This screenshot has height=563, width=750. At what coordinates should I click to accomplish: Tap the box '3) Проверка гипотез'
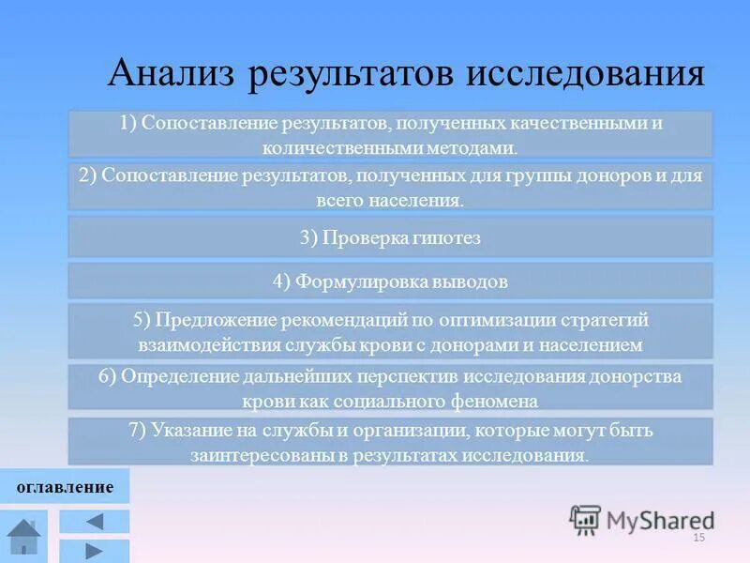(x=390, y=238)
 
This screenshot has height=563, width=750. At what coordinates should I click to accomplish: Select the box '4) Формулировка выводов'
(x=390, y=281)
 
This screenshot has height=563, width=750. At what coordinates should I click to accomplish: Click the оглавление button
(x=65, y=487)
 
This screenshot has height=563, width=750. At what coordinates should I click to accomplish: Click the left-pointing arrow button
(x=95, y=522)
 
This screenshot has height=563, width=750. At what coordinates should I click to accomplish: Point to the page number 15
(x=697, y=538)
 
